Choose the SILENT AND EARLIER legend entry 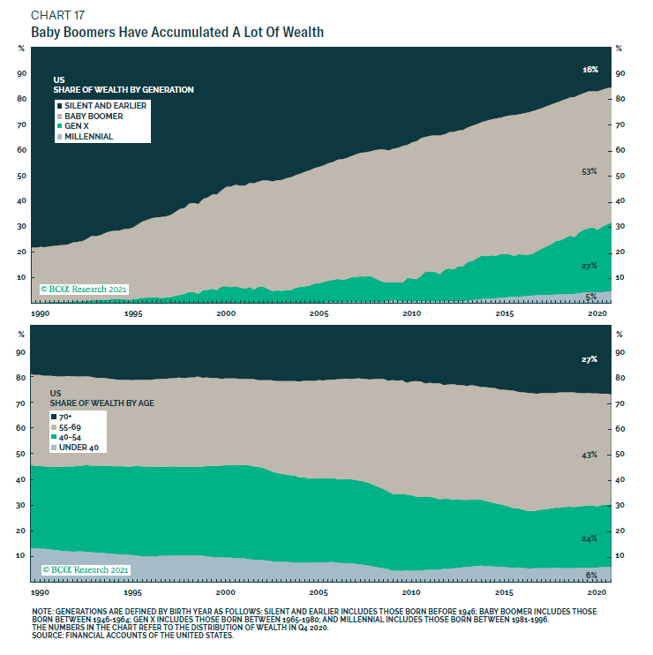click(102, 105)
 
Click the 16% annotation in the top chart click(590, 69)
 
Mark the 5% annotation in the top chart click(592, 297)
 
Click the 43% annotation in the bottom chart click(590, 454)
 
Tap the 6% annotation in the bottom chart click(592, 575)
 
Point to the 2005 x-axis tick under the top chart click(319, 312)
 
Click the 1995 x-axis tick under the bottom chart click(133, 591)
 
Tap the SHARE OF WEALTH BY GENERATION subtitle click(124, 90)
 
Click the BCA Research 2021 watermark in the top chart click(86, 289)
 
